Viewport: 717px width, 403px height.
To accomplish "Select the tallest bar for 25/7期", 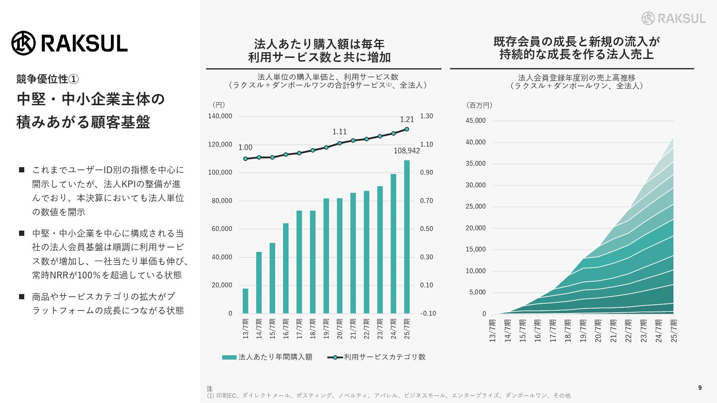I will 407,237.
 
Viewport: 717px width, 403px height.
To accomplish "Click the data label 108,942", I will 407,151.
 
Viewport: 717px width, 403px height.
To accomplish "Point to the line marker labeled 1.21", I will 407,129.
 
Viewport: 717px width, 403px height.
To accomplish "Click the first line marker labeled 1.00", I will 245,159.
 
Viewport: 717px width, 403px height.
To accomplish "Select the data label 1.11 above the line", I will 339,132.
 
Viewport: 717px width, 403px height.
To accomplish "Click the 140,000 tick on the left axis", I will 220,116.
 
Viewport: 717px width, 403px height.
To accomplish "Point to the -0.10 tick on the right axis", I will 428,313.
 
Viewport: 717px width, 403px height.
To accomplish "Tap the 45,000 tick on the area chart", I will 475,121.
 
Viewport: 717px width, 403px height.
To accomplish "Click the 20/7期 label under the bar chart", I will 339,328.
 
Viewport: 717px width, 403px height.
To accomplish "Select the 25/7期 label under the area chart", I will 674,330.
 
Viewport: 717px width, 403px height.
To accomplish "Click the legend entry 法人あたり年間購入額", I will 267,357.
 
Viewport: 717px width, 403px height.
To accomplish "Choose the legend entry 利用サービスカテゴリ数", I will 376,357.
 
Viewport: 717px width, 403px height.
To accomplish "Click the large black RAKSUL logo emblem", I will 24,43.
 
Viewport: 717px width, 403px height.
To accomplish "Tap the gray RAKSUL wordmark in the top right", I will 682,18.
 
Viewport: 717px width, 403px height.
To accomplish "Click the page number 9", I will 700,388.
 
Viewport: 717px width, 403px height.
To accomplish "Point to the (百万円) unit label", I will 479,105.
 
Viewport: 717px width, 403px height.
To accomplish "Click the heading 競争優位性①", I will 47,79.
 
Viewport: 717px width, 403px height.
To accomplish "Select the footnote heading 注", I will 209,389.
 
